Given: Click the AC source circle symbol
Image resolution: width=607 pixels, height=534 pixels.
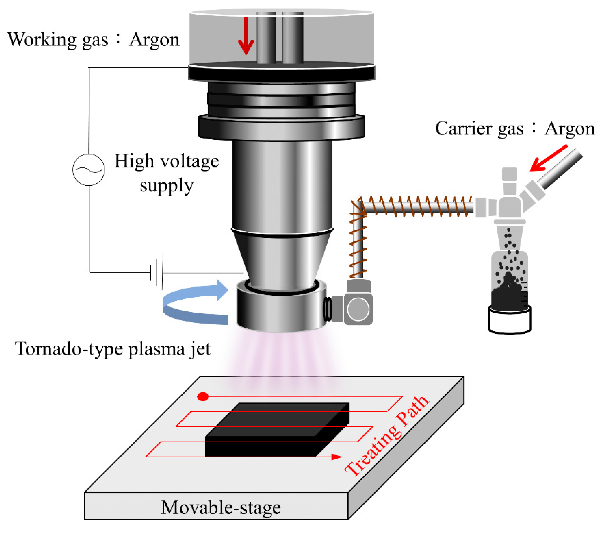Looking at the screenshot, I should (89, 170).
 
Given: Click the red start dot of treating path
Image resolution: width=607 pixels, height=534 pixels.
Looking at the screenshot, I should (203, 397).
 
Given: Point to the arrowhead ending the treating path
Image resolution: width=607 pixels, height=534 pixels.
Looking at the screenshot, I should (336, 457).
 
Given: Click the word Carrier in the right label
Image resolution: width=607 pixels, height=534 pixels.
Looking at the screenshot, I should (463, 129).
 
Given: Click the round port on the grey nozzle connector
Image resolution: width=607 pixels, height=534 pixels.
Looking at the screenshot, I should (358, 309).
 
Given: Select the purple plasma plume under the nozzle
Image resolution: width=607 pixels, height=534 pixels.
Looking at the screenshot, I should (282, 360).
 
